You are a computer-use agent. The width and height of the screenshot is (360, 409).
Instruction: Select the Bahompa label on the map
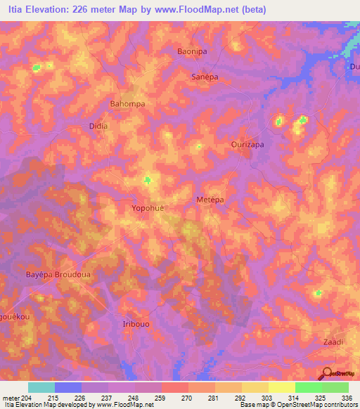pos(127,104)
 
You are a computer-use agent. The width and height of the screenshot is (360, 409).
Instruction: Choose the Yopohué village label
pos(149,208)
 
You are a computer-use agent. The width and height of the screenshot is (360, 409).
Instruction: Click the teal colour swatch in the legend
pos(41,387)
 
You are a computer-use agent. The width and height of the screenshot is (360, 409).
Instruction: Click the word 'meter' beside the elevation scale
pos(11,398)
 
